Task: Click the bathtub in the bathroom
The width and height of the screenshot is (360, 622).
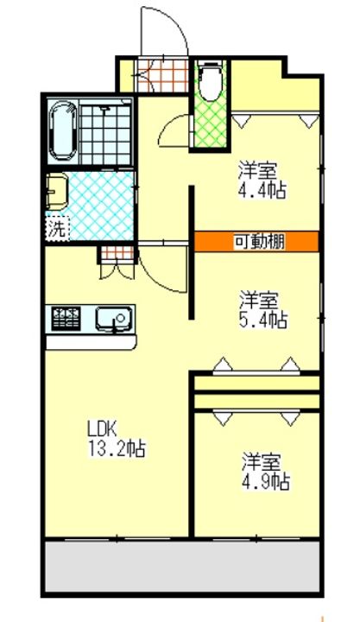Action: pyautogui.click(x=62, y=131)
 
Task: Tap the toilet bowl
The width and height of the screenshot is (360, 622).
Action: pyautogui.click(x=211, y=81)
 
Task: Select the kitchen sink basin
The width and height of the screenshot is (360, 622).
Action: pyautogui.click(x=113, y=318)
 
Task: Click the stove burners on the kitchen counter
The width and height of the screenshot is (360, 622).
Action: pyautogui.click(x=66, y=318)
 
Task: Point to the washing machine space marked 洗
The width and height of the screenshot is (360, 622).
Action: pyautogui.click(x=58, y=229)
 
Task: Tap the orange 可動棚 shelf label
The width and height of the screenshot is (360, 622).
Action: pyautogui.click(x=256, y=241)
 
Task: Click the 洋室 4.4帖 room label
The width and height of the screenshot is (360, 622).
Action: pyautogui.click(x=262, y=181)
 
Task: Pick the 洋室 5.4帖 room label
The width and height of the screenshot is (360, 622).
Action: pyautogui.click(x=262, y=311)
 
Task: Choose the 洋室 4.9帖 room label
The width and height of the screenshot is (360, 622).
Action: pyautogui.click(x=266, y=472)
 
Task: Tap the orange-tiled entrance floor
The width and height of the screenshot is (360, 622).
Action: pyautogui.click(x=161, y=75)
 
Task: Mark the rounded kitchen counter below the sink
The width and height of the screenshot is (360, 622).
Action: pyautogui.click(x=91, y=342)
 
